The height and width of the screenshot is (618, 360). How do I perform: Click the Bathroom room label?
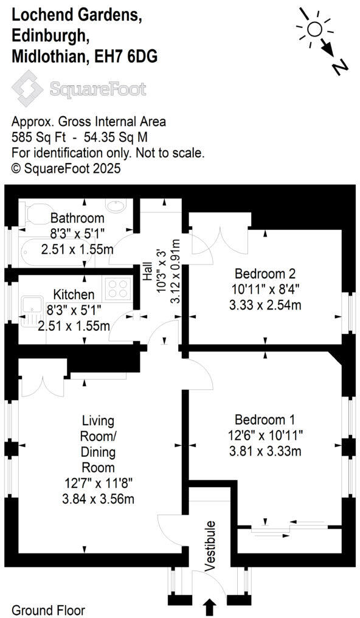[77, 218]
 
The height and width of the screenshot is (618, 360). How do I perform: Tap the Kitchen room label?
[73, 295]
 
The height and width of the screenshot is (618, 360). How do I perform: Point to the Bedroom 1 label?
[265, 420]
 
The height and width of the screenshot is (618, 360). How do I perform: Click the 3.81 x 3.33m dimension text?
[265, 451]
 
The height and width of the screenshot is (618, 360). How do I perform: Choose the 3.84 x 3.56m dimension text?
[97, 499]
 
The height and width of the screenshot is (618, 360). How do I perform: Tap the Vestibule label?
[210, 546]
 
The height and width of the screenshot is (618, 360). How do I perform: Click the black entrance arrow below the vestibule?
[209, 606]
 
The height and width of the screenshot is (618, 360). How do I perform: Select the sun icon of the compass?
[314, 29]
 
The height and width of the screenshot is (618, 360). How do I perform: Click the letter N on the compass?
[341, 66]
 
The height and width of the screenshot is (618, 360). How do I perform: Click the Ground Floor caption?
[49, 609]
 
